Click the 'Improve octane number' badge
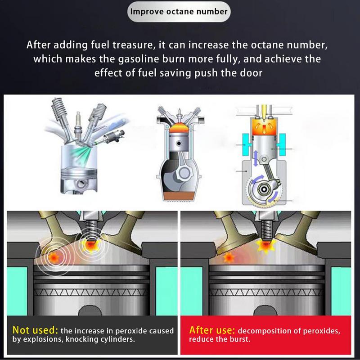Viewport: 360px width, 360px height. tap(179, 11)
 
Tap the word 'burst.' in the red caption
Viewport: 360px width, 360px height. tap(239, 339)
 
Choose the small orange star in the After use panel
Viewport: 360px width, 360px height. tap(228, 258)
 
